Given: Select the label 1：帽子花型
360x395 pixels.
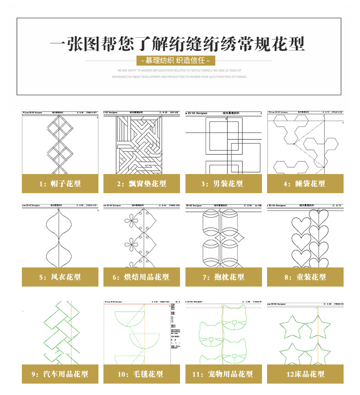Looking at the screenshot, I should [60, 184].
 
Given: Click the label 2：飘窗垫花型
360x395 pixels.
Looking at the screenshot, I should [141, 184].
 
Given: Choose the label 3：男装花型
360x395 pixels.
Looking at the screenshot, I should [223, 184].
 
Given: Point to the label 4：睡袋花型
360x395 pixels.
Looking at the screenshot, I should [305, 184].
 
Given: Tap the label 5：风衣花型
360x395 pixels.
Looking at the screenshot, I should [60, 277].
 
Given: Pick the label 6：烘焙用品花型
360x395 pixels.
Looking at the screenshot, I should [141, 277].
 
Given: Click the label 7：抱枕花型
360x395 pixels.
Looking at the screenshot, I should [223, 277].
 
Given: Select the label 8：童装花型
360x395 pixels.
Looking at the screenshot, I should [305, 277].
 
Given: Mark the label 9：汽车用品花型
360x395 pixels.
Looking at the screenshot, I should [60, 374].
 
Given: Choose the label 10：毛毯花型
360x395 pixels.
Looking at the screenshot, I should [141, 374].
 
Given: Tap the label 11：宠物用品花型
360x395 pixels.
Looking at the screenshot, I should [223, 374].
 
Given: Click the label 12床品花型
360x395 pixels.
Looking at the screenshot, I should [305, 374].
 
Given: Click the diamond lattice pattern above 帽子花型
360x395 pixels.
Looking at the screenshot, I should [60, 144].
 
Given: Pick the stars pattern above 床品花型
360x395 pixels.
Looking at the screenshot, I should [305, 337].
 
